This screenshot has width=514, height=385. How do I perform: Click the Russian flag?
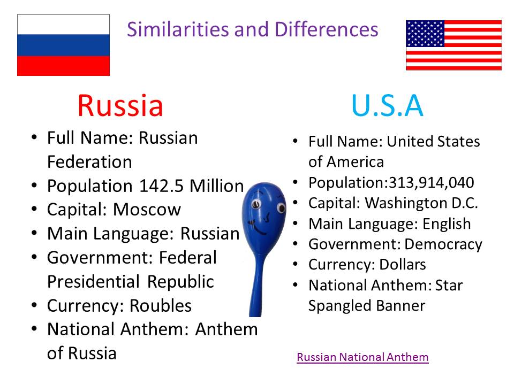(x=63, y=45)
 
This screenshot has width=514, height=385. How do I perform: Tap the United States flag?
(x=453, y=45)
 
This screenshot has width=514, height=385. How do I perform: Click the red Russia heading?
(x=120, y=105)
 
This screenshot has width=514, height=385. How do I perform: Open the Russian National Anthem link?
(x=362, y=357)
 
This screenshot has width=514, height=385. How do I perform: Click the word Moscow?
(x=147, y=210)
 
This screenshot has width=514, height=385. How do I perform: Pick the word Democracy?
(x=443, y=244)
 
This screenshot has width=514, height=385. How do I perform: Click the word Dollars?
(x=403, y=265)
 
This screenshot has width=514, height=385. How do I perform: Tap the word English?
(x=447, y=224)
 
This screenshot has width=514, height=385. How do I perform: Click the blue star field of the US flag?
(x=425, y=34)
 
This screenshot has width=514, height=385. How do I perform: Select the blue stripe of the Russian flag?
(x=63, y=45)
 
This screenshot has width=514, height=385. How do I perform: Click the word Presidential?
(x=95, y=282)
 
